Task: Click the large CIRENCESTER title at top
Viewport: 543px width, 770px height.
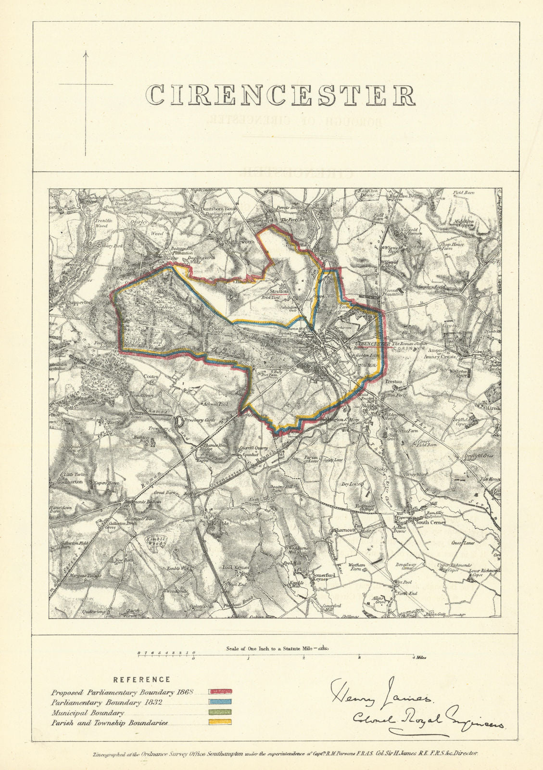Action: [x=281, y=95]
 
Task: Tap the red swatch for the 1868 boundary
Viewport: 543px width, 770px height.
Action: [x=220, y=693]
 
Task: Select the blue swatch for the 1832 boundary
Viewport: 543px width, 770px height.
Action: [x=220, y=702]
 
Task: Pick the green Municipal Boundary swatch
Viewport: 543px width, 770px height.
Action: [x=220, y=712]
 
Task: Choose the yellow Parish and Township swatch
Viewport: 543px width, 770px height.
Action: [x=220, y=722]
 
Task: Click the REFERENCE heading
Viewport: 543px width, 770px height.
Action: [x=141, y=680]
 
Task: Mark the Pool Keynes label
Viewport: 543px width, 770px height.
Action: [x=235, y=567]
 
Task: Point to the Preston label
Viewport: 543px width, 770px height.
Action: [x=393, y=381]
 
